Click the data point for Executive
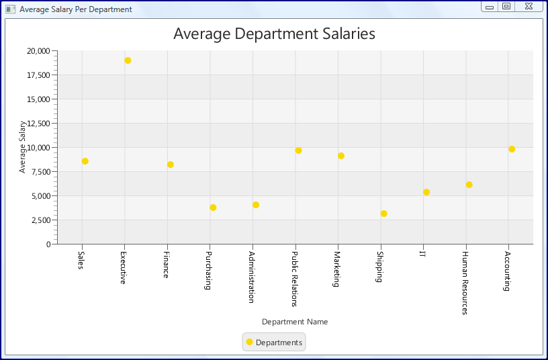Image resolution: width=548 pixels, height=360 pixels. tap(128, 60)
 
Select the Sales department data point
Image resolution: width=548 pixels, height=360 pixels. tap(85, 161)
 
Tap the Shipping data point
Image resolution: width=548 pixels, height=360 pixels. tap(383, 214)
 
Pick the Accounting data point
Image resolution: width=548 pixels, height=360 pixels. tap(512, 149)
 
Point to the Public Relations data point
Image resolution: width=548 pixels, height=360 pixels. tap(298, 150)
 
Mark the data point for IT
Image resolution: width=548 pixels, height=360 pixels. tap(426, 192)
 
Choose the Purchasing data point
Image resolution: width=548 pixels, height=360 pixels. tap(213, 208)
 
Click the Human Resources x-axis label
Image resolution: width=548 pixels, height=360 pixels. tap(465, 282)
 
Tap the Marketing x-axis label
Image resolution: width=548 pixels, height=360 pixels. tap(337, 269)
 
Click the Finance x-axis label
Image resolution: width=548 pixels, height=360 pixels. tap(166, 265)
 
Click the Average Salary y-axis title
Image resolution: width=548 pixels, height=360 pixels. tap(22, 147)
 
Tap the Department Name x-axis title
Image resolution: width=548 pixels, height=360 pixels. tap(295, 322)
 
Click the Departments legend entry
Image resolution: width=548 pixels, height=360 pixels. tap(274, 343)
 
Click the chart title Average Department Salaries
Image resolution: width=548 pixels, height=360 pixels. tap(274, 34)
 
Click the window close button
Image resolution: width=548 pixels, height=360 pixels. tap(529, 6)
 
